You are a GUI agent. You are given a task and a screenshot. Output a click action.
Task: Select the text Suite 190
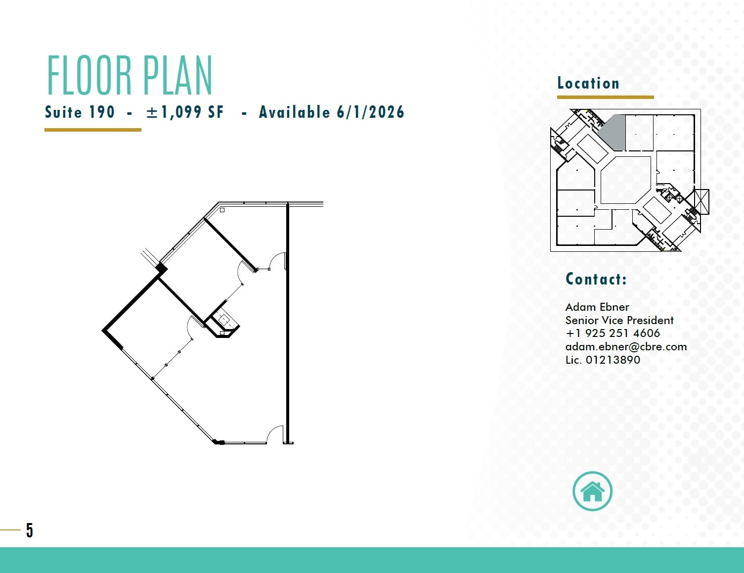(80, 112)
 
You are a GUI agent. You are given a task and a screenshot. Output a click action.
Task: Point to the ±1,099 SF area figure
(185, 112)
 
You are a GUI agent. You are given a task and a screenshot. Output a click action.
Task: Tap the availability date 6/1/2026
(370, 112)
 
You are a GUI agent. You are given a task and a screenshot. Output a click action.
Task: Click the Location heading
(588, 83)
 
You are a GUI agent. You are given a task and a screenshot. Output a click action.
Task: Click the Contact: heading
(596, 279)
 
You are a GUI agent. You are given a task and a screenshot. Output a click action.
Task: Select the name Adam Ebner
(597, 307)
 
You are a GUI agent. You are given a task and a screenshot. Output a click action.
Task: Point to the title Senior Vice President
(619, 320)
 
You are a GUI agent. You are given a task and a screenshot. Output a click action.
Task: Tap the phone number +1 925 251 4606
(613, 333)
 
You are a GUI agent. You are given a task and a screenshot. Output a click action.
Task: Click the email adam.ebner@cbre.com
(626, 346)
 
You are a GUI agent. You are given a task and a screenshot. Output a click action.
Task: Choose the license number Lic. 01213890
(603, 360)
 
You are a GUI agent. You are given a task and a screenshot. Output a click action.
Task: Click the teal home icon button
(592, 491)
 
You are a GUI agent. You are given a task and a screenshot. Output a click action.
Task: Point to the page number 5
(30, 530)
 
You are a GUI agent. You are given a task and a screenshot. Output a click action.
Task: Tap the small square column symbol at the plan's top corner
(222, 210)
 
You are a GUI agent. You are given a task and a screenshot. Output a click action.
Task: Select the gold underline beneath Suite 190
(93, 130)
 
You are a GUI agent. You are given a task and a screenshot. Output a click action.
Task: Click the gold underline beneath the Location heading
(605, 97)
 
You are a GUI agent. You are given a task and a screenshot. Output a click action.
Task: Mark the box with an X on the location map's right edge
(701, 202)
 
